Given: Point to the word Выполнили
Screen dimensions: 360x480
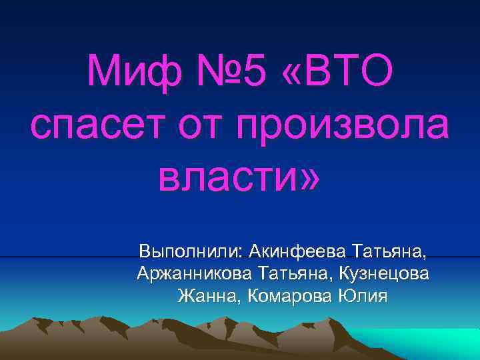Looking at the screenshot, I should click(x=191, y=252).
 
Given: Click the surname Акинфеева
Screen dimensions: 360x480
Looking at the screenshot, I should click(x=297, y=252).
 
